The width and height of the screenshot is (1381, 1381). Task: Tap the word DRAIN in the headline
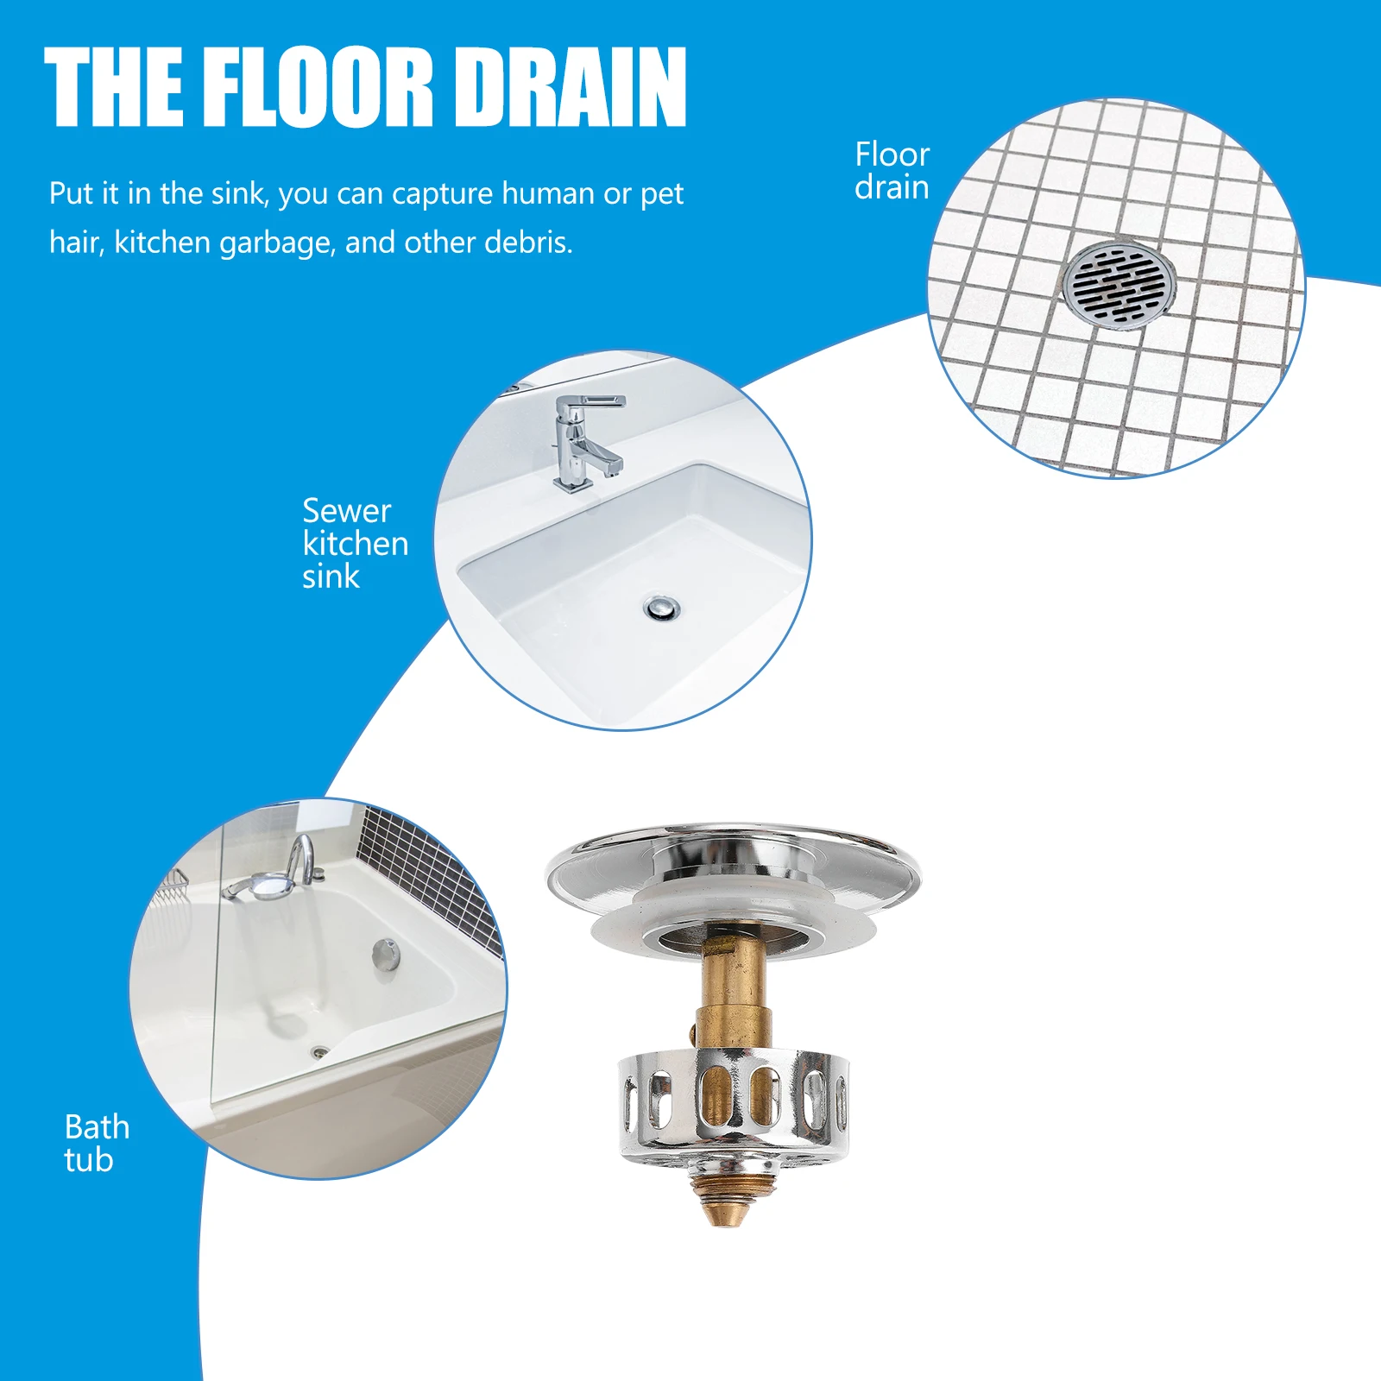click(570, 86)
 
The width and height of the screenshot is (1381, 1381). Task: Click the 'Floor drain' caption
click(892, 171)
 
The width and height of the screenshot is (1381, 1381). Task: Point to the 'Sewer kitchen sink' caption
click(354, 543)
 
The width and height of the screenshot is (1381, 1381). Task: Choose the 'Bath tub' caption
click(96, 1143)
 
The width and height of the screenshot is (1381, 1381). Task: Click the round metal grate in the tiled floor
click(1119, 284)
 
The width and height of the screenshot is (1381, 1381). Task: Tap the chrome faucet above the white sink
click(583, 440)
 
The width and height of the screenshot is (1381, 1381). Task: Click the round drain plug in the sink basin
click(662, 608)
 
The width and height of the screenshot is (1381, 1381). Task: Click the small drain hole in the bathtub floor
click(320, 1051)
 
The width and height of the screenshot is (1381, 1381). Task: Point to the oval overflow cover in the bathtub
click(387, 955)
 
